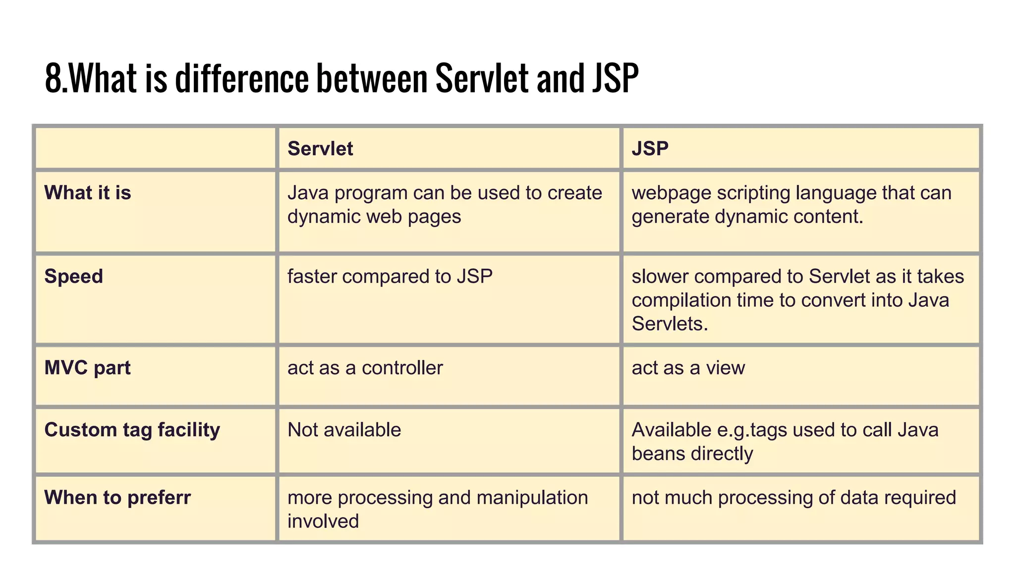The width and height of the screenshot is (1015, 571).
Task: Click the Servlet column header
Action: pyautogui.click(x=320, y=149)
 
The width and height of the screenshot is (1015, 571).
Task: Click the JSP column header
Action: pyautogui.click(x=650, y=149)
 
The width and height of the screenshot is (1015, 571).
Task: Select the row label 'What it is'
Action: pyautogui.click(x=88, y=193)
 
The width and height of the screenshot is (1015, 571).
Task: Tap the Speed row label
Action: pyautogui.click(x=74, y=277)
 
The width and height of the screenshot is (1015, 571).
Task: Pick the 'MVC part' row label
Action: pyautogui.click(x=88, y=368)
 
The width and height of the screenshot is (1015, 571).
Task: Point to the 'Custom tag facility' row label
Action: pyautogui.click(x=132, y=430)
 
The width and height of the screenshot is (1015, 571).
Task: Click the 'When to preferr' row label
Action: pyautogui.click(x=117, y=498)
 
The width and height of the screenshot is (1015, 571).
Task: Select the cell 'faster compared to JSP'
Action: pyautogui.click(x=390, y=277)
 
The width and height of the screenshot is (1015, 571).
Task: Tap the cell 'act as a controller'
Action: pyautogui.click(x=365, y=368)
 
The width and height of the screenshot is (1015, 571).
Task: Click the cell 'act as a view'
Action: pyautogui.click(x=688, y=368)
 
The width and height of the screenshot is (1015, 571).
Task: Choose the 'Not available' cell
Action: pyautogui.click(x=344, y=430)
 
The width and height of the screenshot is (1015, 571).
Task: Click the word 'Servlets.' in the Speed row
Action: pyautogui.click(x=670, y=324)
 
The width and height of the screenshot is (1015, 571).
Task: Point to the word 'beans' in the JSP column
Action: pyautogui.click(x=658, y=454)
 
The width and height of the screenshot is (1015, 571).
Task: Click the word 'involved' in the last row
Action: pyautogui.click(x=323, y=521)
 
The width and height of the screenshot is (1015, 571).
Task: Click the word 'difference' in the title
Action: pyautogui.click(x=242, y=78)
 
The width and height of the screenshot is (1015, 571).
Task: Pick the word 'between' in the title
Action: pyautogui.click(x=372, y=78)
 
